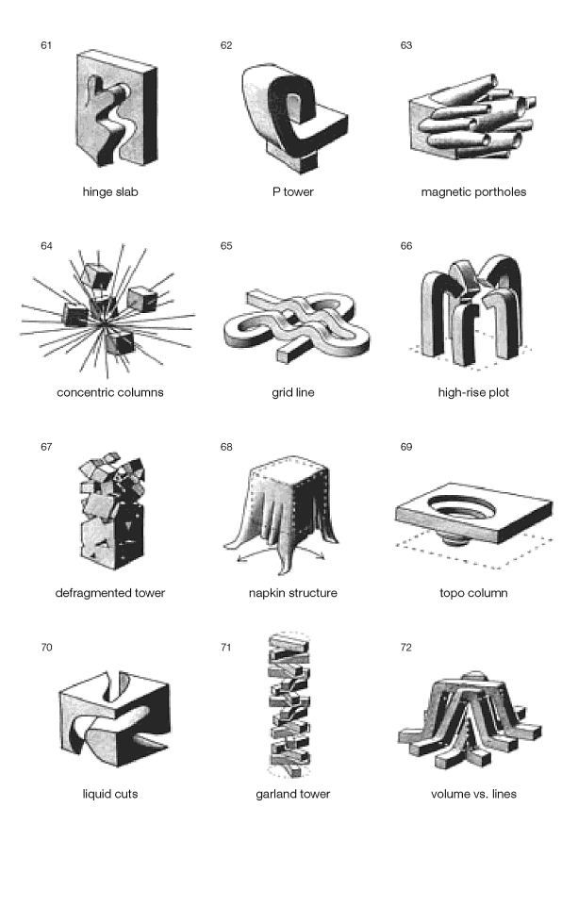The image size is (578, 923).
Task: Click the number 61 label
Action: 46,45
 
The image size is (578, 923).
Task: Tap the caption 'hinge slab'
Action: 110,192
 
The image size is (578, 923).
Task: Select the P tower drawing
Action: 293,118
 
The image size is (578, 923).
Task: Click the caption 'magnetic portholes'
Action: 473,192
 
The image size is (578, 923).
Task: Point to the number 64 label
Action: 46,246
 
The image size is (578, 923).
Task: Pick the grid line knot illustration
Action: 297,325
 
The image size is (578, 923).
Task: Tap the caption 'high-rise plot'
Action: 473,392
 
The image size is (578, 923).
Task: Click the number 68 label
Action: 226,447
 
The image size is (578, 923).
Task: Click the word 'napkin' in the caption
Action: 267,593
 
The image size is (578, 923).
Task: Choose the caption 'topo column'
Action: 473,593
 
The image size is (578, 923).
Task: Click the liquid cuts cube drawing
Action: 115,717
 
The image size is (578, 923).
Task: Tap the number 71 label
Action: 226,648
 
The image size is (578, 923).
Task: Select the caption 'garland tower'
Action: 292,794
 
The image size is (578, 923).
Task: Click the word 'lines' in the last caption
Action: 504,794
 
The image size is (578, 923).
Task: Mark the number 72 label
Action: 405,648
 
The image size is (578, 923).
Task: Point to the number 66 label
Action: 405,246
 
